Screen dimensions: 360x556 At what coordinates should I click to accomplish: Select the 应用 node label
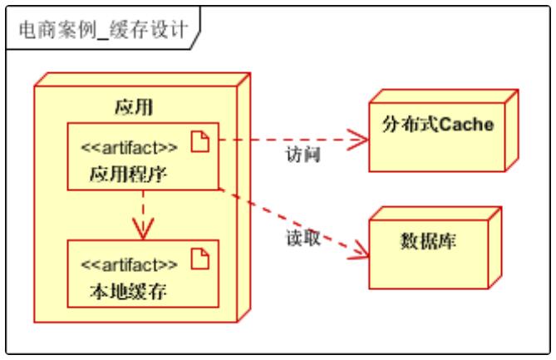[133, 106]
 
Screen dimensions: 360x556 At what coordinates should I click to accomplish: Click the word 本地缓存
[129, 291]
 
